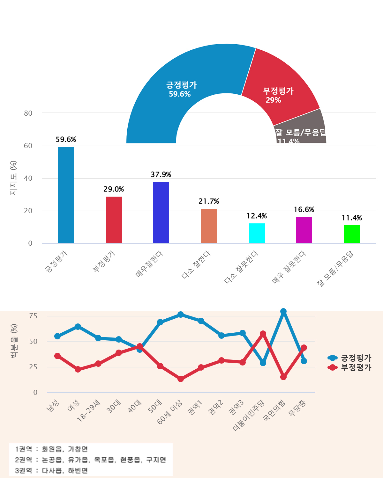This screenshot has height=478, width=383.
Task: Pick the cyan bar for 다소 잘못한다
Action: point(257,233)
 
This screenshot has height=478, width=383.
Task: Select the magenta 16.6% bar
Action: point(304,230)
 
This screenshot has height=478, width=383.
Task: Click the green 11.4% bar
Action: point(352,234)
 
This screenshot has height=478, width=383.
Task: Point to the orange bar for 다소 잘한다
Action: point(209,226)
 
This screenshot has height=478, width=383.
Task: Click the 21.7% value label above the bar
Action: point(209,201)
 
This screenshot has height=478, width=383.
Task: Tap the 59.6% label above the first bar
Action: point(66,140)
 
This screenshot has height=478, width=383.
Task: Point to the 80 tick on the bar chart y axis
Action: point(28,113)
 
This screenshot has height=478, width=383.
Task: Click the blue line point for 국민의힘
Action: point(283,311)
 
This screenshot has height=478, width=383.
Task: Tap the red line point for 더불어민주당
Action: point(263,334)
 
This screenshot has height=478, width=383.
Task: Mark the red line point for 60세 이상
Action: point(181,379)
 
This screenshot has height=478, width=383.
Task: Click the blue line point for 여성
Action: point(78,327)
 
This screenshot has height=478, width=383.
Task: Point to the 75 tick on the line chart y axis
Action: point(33,316)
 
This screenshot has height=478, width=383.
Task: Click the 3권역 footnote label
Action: point(24,470)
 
